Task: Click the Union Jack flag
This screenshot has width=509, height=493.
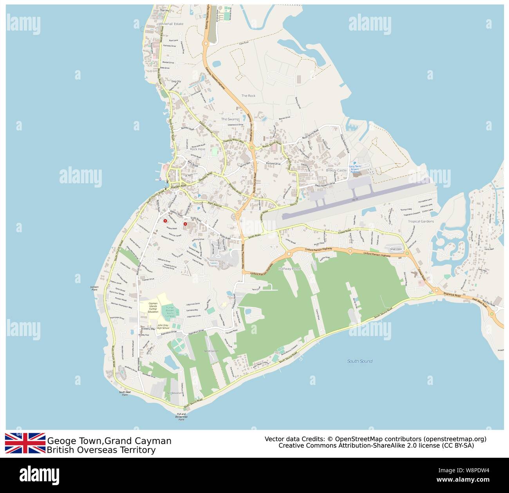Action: coord(25,443)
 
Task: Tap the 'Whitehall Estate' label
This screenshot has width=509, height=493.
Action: coord(171,24)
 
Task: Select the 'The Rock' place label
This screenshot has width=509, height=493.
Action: coord(248,96)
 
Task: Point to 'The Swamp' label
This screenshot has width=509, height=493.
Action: coord(230,119)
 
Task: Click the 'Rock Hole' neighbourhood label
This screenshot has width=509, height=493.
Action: coord(197,149)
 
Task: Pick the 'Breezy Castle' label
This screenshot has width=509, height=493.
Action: coord(336,170)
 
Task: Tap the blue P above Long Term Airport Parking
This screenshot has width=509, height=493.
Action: coord(355,163)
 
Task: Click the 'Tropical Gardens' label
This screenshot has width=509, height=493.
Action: coord(421,221)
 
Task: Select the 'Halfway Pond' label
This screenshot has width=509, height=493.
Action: coord(289,269)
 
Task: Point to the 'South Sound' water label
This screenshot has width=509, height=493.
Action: coord(359,361)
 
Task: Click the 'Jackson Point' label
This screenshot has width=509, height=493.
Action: coord(94,288)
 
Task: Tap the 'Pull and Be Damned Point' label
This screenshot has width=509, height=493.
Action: coord(181,417)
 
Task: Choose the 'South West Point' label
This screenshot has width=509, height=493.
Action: coord(125,393)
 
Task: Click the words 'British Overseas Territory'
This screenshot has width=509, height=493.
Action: coord(101,450)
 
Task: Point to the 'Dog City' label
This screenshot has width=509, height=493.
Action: coord(176,81)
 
